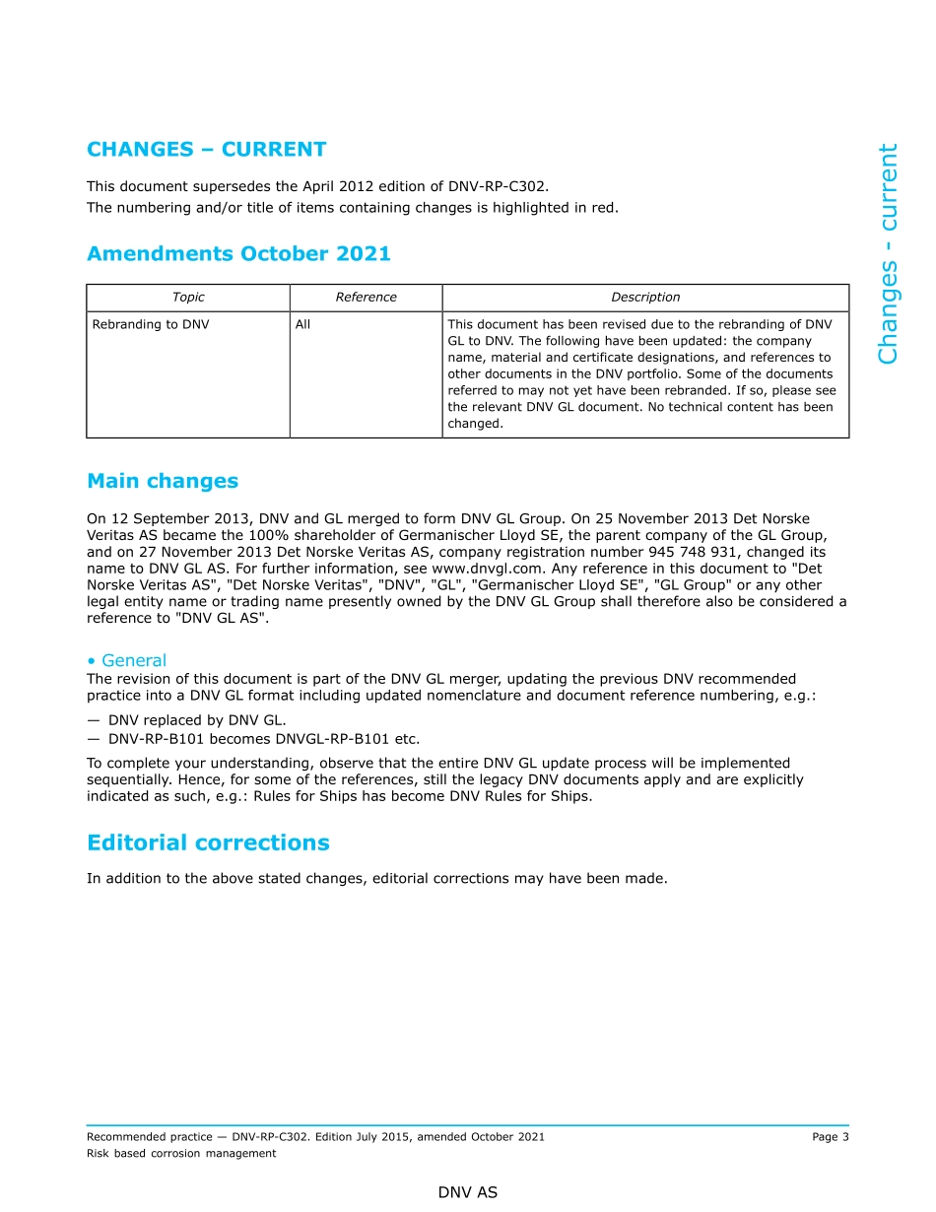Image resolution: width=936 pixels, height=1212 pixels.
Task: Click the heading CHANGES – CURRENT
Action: pos(206,150)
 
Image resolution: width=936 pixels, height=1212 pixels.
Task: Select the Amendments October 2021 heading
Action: pos(238,254)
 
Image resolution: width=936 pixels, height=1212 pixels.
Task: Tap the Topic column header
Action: pos(188,298)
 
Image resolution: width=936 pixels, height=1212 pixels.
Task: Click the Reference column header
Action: pos(366,298)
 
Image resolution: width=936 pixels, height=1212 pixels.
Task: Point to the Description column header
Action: pos(645,298)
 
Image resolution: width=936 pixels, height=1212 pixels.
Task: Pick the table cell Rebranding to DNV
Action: pos(151,324)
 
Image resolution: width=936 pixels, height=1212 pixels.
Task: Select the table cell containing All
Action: pos(302,324)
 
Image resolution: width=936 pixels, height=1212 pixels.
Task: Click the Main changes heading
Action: pos(163,481)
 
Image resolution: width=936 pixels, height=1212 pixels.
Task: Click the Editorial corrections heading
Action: pos(208,843)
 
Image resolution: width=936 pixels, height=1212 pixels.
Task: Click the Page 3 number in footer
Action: pos(830,1137)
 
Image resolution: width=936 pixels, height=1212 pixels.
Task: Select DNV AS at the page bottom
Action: pos(468,1192)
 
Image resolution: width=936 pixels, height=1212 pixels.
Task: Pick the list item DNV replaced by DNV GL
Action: pos(197,721)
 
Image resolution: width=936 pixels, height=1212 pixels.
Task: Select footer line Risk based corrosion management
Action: pos(181,1154)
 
